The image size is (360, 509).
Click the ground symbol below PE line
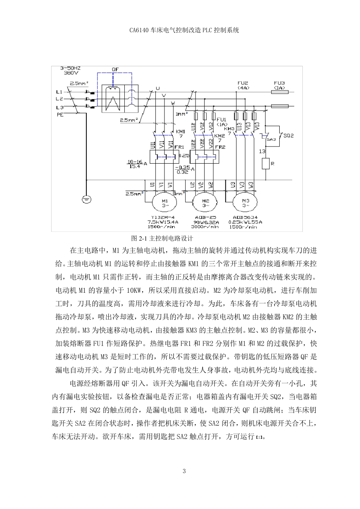(86, 198)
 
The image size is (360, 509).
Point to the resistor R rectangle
(266, 164)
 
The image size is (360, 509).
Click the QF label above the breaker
(116, 70)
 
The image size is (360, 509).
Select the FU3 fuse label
(279, 83)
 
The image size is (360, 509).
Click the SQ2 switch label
(289, 136)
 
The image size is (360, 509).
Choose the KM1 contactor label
(181, 131)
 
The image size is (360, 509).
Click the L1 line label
(59, 92)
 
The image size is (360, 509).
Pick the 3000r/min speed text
(205, 227)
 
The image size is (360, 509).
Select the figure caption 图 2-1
(162, 239)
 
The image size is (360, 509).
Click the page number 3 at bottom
(184, 472)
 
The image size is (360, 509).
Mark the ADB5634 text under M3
(245, 218)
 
